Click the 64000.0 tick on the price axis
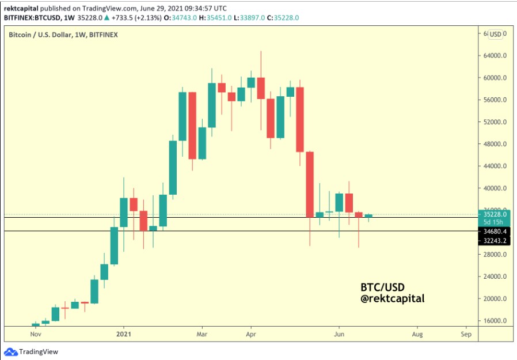pyautogui.click(x=495, y=56)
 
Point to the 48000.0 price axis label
pyautogui.click(x=495, y=144)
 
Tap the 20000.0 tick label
pyautogui.click(x=495, y=299)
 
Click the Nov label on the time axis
pyautogui.click(x=35, y=334)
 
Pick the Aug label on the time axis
pyautogui.click(x=417, y=334)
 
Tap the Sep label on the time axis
pyautogui.click(x=466, y=334)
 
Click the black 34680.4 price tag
pyautogui.click(x=495, y=231)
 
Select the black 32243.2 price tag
pyautogui.click(x=495, y=241)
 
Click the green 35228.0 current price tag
pyautogui.click(x=495, y=214)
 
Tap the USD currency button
pyautogui.click(x=495, y=35)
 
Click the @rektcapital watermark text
pyautogui.click(x=392, y=298)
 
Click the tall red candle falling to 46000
pyautogui.click(x=300, y=119)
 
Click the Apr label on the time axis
pyautogui.click(x=250, y=334)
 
